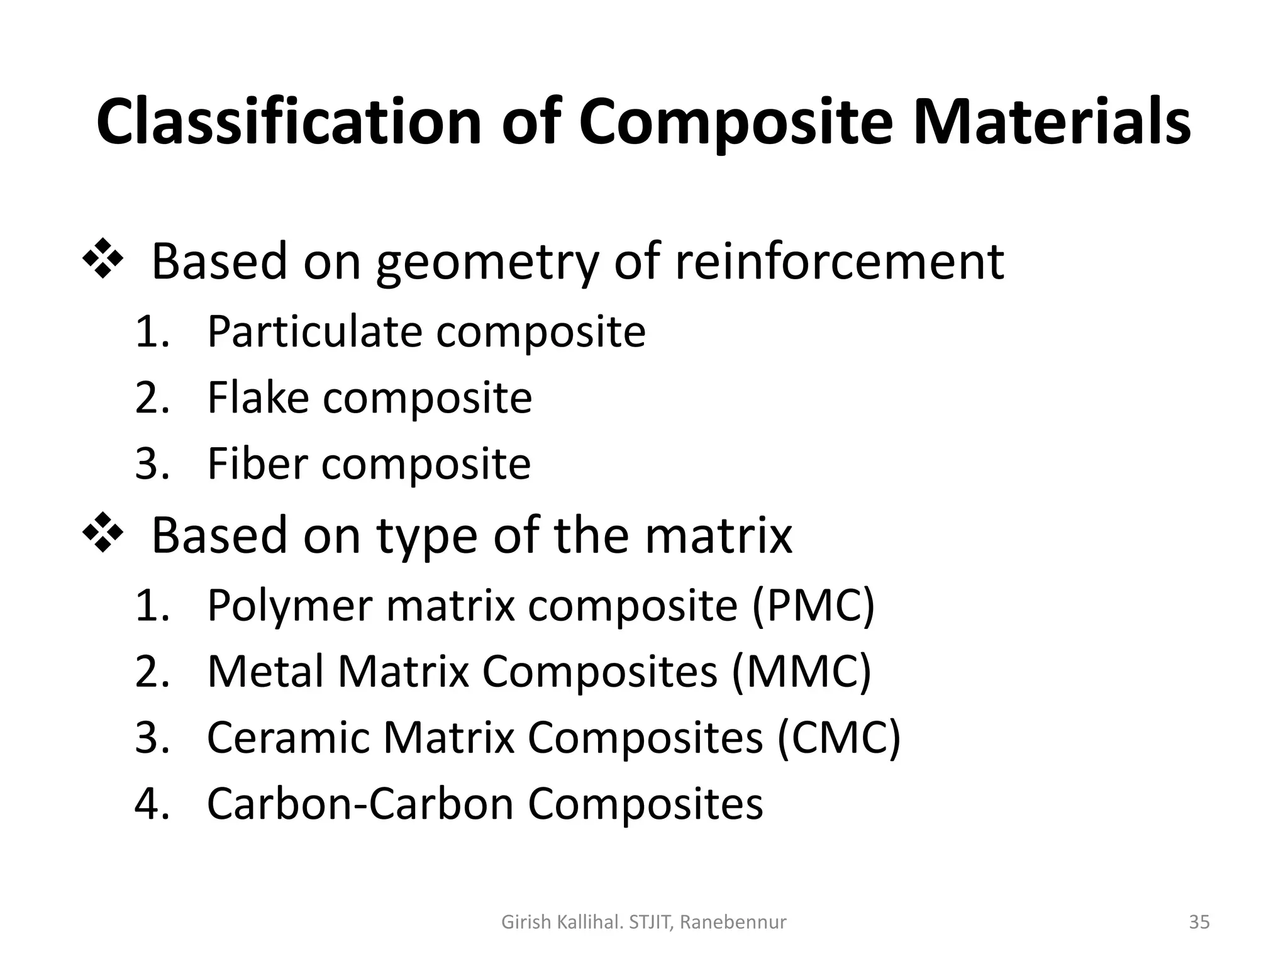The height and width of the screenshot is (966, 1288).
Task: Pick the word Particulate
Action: [314, 331]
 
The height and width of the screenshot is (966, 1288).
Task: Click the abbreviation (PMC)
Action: [813, 606]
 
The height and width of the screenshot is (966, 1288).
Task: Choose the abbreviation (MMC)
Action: [801, 672]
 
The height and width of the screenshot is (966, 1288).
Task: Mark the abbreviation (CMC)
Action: [839, 738]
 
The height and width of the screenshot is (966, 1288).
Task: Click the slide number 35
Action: [1199, 922]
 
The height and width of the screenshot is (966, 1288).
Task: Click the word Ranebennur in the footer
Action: [733, 923]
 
